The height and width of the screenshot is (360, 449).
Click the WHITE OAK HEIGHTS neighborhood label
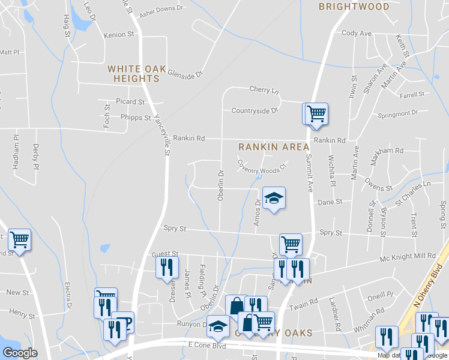pos(137,74)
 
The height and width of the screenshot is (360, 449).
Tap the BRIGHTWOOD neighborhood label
pos(354,7)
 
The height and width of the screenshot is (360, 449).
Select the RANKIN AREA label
pos(274,147)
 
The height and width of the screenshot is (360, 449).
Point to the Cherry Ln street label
pos(265,90)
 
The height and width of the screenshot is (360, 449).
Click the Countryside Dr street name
pos(255,110)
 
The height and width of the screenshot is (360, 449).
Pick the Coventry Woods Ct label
pos(260,165)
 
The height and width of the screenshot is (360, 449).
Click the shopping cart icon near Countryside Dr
pos(316,112)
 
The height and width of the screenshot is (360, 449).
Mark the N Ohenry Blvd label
pos(430,285)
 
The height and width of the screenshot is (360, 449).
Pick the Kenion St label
pos(118,35)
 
